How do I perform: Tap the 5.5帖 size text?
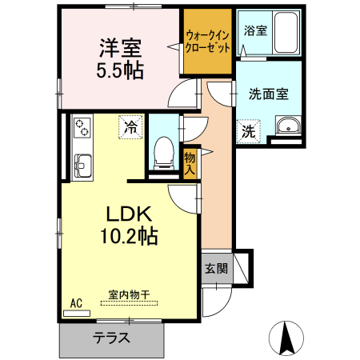120,70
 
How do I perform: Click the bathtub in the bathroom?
284,34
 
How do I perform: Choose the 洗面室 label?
268,94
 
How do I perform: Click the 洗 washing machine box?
249,131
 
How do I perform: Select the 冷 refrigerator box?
130,126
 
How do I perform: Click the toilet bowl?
164,151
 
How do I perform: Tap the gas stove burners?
82,127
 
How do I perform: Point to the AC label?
76,303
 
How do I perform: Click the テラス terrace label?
111,337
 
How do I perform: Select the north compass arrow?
290,337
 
